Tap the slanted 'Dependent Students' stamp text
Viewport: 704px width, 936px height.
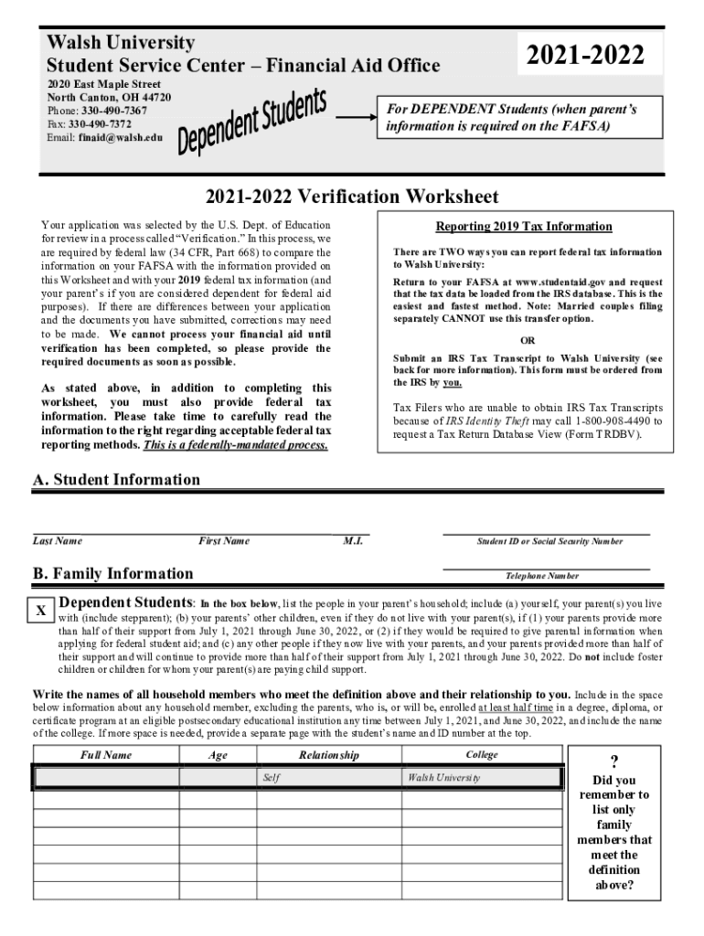[x=251, y=122]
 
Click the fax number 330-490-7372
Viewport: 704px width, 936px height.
[x=105, y=123]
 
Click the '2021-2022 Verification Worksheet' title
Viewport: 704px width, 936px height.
[x=352, y=197]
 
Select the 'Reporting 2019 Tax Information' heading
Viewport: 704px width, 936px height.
[x=524, y=227]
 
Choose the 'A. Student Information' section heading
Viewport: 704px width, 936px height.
[x=116, y=480]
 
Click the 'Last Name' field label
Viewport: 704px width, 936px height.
[x=58, y=541]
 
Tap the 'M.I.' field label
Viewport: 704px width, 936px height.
[x=353, y=541]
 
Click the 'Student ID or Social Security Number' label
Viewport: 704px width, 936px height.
[x=549, y=542]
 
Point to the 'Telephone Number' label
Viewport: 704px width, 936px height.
[x=542, y=577]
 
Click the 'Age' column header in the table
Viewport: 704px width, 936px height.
[x=218, y=755]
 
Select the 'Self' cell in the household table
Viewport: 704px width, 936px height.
[x=272, y=777]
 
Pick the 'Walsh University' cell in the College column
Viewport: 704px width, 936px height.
[x=444, y=777]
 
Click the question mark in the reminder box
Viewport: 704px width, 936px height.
[x=614, y=763]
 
